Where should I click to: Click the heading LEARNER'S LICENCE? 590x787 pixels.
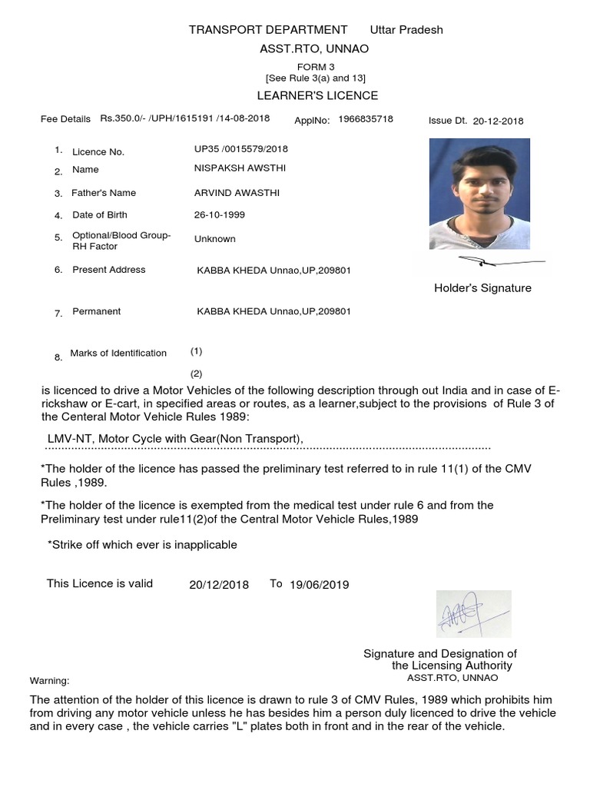317,95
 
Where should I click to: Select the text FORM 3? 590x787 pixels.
316,67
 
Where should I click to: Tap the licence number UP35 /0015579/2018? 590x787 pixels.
241,149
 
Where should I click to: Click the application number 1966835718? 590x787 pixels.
366,119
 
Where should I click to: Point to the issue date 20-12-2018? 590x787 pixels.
498,121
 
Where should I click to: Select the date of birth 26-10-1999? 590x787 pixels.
220,215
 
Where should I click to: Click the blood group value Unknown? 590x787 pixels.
215,239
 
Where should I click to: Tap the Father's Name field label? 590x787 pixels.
104,193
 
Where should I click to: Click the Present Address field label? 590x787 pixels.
108,270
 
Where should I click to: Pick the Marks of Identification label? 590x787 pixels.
118,354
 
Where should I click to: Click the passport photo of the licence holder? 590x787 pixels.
479,194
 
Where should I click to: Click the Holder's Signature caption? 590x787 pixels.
482,288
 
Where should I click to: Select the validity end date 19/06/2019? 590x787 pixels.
319,585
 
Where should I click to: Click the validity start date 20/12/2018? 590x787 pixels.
219,585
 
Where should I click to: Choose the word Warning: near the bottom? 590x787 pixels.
49,681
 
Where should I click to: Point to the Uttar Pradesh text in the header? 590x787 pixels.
406,30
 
